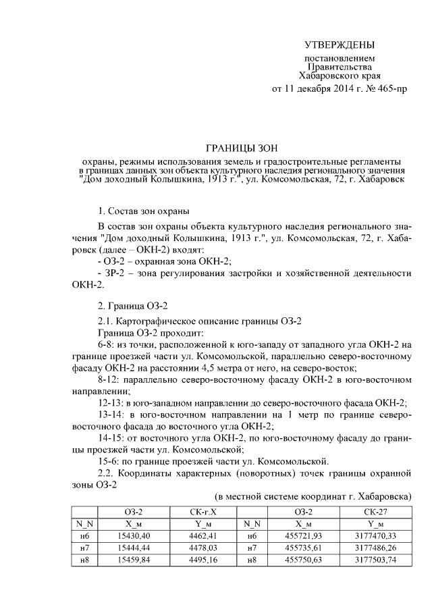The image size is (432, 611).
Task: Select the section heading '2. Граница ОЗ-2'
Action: tap(134, 306)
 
